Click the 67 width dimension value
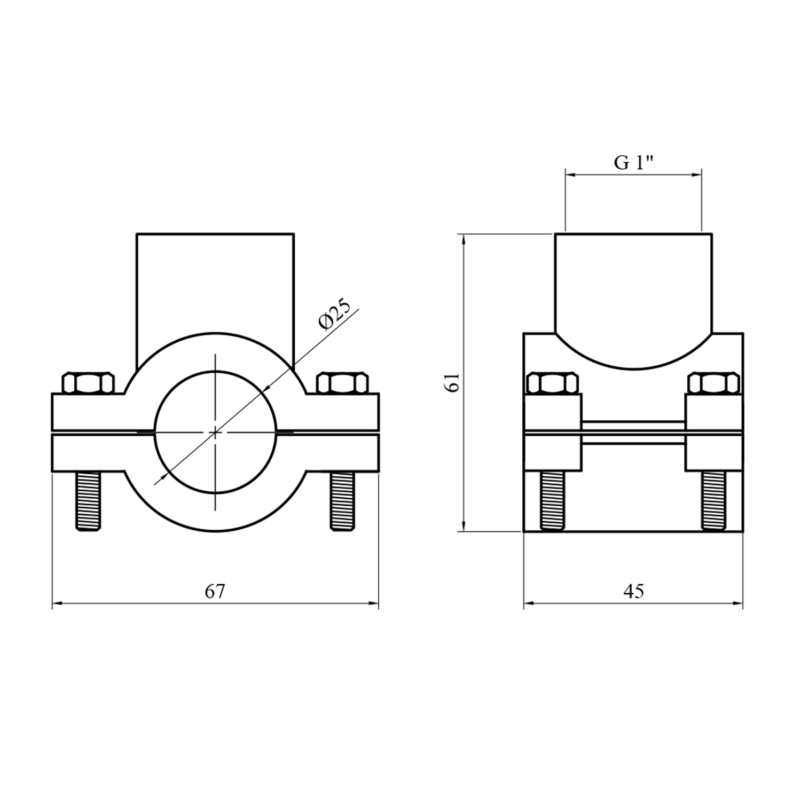[215, 592]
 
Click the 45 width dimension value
[633, 591]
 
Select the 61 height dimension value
[453, 383]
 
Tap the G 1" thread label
[634, 162]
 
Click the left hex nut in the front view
[88, 383]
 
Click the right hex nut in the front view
[342, 383]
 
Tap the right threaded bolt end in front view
[342, 501]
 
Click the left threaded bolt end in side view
[553, 502]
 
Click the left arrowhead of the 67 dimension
[58, 604]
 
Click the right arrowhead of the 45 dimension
[737, 604]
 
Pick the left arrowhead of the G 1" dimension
[571, 174]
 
